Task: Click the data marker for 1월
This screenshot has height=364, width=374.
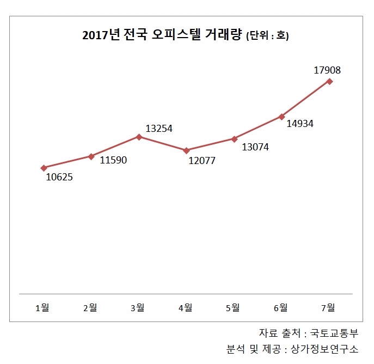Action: (x=44, y=168)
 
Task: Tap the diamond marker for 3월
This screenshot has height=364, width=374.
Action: (x=139, y=137)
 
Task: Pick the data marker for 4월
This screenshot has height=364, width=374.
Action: (x=186, y=150)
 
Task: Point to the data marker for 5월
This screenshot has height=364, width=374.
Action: (x=234, y=139)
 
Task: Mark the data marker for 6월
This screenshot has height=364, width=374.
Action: (x=281, y=117)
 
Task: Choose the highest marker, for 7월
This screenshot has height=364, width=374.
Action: (x=329, y=81)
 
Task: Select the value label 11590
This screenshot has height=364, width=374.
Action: (x=114, y=161)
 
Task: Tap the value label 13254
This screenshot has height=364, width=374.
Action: (x=159, y=129)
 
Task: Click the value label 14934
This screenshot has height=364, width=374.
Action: (x=300, y=123)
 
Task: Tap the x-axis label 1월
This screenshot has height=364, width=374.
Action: (x=42, y=308)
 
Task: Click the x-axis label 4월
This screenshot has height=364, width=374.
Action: (x=185, y=308)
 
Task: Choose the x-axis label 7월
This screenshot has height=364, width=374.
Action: (x=328, y=308)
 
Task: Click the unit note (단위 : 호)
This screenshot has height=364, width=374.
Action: (x=267, y=37)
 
